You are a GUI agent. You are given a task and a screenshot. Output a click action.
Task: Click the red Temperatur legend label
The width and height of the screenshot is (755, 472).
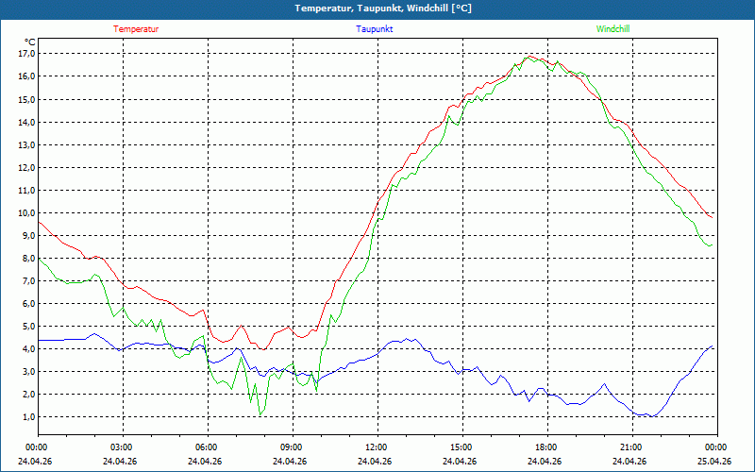tap(136, 29)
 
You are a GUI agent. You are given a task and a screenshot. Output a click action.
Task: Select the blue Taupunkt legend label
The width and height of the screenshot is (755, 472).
tap(374, 29)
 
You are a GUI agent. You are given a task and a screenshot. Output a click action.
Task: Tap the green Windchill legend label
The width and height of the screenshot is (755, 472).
tap(612, 29)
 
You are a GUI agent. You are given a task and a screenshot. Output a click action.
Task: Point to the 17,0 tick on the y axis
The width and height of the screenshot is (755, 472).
tap(27, 53)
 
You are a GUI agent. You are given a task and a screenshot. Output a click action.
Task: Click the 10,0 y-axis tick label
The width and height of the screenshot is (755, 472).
tap(27, 213)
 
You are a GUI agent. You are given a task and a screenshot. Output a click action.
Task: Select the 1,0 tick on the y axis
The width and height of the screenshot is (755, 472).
tap(29, 417)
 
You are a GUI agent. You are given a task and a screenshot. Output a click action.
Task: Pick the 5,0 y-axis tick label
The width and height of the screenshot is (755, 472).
tap(29, 326)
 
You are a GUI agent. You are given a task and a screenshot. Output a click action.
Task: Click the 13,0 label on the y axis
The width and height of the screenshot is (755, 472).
tap(27, 144)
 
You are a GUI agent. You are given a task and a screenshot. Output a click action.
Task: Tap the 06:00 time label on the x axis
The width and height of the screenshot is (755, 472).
tap(208, 447)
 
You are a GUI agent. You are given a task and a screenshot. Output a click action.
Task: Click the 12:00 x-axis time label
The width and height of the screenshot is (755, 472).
tap(377, 447)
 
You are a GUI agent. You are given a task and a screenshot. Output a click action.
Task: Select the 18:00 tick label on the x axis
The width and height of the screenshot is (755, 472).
tap(547, 447)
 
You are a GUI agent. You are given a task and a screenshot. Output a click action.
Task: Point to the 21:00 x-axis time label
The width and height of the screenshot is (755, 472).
tap(632, 447)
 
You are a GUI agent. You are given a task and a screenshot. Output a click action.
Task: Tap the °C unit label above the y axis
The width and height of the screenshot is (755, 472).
tap(30, 42)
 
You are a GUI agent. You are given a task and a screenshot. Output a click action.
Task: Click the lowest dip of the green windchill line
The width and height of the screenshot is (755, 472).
tap(260, 414)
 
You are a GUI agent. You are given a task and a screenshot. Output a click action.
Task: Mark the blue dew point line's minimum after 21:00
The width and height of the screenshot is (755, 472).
tap(652, 416)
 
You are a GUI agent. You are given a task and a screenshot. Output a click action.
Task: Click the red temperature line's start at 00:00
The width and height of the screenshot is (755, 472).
tap(39, 222)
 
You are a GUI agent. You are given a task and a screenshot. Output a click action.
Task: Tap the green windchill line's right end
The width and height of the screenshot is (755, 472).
tap(713, 244)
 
